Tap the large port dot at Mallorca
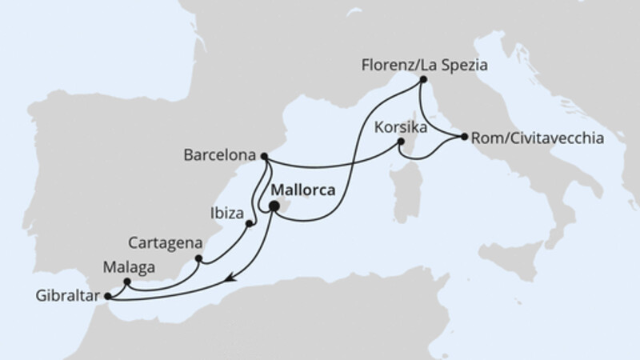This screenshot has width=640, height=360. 274,206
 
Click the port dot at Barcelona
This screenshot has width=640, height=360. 265,156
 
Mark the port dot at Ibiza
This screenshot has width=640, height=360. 250,223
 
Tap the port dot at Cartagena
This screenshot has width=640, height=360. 199,258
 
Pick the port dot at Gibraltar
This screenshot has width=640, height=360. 109,296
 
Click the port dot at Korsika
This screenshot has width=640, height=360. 402,143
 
